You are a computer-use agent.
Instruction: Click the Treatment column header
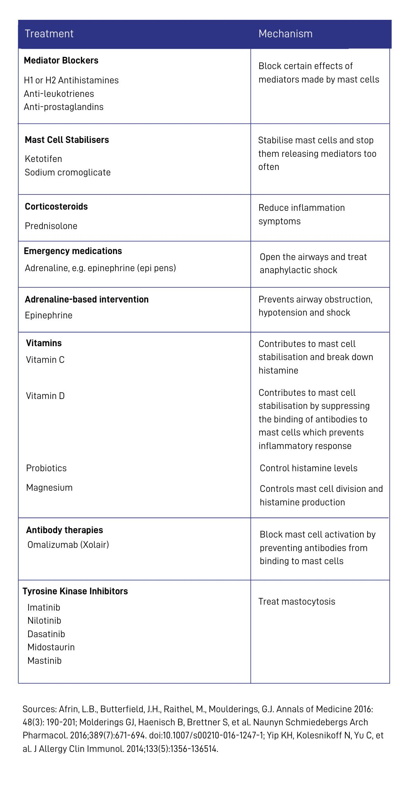[49, 34]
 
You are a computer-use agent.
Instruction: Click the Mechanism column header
[285, 34]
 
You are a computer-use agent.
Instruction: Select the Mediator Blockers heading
[61, 60]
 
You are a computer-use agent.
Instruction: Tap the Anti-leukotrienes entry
[59, 94]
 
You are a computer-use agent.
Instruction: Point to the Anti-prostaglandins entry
[63, 107]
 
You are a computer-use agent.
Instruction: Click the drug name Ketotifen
[44, 159]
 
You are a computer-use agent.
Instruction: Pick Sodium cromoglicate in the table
[68, 172]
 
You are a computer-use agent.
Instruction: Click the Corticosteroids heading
[56, 206]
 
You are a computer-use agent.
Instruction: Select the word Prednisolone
[51, 226]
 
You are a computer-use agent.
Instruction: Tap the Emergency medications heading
[73, 251]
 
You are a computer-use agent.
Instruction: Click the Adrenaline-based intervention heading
[87, 299]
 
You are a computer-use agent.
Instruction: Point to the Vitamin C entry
[45, 360]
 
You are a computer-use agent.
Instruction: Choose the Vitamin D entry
[45, 396]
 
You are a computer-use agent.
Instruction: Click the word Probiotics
[46, 468]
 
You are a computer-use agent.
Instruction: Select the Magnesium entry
[50, 488]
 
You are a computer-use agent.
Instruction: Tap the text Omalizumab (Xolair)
[68, 545]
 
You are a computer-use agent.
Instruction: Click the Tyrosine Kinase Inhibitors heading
[75, 591]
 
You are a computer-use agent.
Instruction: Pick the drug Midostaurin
[51, 647]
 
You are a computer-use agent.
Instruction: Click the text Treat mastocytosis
[297, 601]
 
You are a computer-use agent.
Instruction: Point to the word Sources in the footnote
[39, 709]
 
